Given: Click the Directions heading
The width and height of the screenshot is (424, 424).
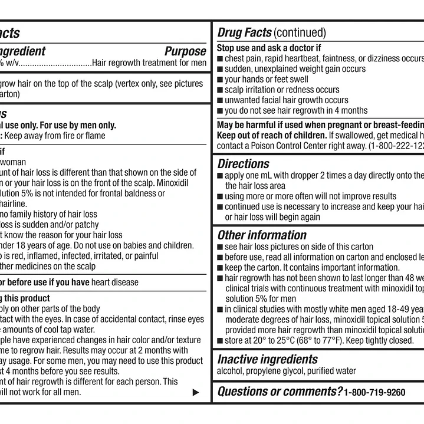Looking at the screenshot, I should (243, 164).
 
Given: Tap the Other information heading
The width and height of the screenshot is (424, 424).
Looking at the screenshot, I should (262, 235).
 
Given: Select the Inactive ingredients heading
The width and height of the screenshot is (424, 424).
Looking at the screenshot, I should (267, 359).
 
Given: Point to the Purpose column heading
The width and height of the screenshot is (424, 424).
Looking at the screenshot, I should (185, 51).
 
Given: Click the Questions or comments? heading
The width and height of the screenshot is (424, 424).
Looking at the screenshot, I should (280, 392).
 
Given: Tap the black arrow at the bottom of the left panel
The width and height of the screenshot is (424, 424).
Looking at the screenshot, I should (196, 392).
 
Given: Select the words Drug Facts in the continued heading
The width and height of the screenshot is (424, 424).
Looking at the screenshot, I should (244, 32).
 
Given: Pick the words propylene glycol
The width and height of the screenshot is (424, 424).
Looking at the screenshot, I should (276, 371).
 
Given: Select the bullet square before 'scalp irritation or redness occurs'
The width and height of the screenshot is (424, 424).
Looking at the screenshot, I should (220, 90).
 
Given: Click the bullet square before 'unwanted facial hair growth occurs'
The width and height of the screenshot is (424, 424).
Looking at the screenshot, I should (220, 101).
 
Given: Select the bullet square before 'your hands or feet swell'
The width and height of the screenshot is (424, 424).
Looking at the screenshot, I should (220, 80).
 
